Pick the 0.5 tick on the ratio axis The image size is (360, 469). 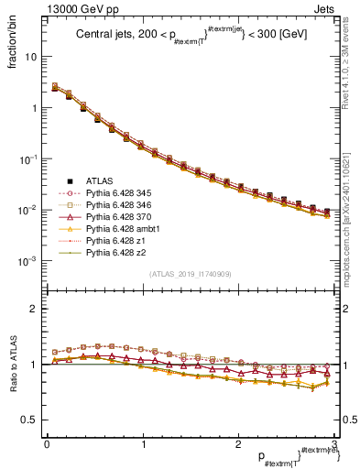[30, 420]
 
